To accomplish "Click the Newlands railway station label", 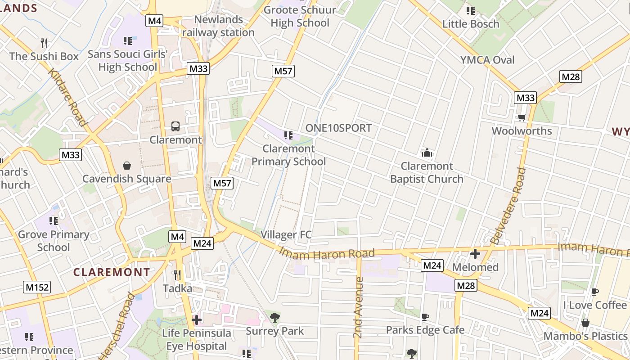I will (219, 26).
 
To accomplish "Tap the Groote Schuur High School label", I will (300, 17).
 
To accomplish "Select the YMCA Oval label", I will (487, 60).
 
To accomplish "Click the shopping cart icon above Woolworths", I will (522, 118).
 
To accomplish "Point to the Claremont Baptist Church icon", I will (427, 153).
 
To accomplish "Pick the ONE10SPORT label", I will (338, 128).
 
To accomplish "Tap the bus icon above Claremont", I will (175, 126).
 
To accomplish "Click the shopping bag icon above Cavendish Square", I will (127, 166).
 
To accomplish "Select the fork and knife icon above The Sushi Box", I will (44, 43).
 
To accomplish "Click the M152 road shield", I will (37, 287).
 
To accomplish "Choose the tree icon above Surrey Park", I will (274, 318).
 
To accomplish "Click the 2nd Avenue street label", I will (358, 307).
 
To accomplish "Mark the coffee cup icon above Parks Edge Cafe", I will (425, 317).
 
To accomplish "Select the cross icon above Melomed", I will (475, 254).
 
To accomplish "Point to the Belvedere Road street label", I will (508, 206).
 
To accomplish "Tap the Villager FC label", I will (286, 234).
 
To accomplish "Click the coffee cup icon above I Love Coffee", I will (594, 292).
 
